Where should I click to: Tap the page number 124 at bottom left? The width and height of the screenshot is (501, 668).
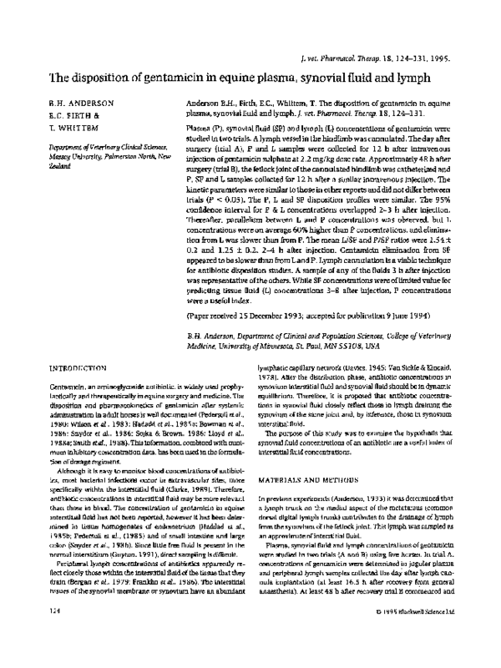click(x=35, y=634)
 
